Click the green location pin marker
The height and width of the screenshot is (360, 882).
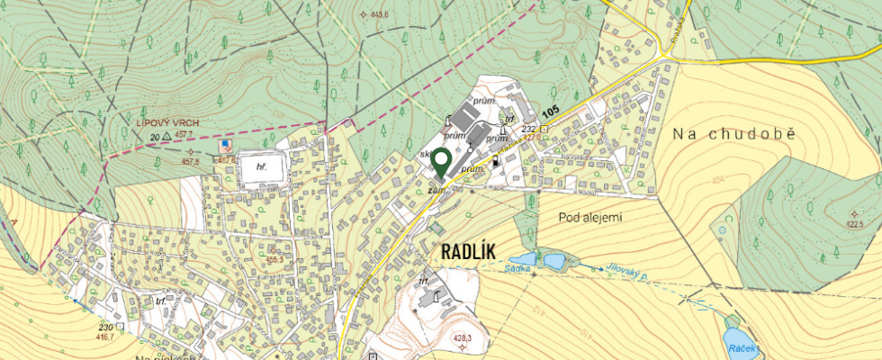pyautogui.click(x=440, y=162)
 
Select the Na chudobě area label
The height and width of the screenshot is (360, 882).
pyautogui.click(x=734, y=133)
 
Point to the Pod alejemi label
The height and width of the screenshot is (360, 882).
pyautogui.click(x=590, y=217)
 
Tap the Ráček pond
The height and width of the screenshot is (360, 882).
pyautogui.click(x=742, y=343)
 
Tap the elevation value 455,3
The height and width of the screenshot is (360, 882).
pyautogui.click(x=275, y=259)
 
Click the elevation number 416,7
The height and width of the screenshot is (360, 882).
pyautogui.click(x=105, y=337)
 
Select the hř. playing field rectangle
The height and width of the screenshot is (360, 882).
pyautogui.click(x=262, y=167)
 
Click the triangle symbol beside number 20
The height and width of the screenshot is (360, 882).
pyautogui.click(x=167, y=136)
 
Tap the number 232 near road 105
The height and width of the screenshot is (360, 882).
pyautogui.click(x=527, y=130)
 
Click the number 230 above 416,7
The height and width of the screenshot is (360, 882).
pyautogui.click(x=104, y=327)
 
